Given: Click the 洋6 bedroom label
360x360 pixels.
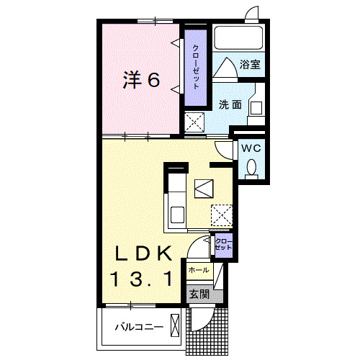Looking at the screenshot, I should point(141,81).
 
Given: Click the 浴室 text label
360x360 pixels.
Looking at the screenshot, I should point(251,65).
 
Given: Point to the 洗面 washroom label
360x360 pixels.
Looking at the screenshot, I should point(230,104).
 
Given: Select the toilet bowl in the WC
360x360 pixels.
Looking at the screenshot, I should point(251,168).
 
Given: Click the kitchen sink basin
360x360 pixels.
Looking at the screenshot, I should point(176,213).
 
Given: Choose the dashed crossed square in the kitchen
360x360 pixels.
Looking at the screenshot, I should point(221,213).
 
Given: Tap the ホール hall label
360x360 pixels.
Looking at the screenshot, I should point(198,270).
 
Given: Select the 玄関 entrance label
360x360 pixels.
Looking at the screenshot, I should point(198,294).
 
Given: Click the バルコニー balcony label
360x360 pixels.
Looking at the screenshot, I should point(139,328).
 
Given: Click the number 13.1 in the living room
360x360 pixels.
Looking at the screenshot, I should point(142,277).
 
